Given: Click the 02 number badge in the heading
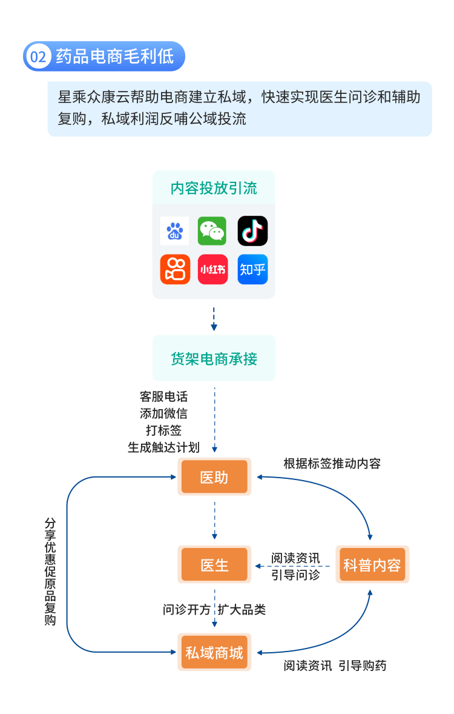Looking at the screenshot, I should (38, 57).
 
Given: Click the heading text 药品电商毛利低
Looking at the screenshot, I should (114, 57).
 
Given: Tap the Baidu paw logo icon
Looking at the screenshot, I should (174, 231).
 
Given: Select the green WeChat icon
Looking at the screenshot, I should (212, 231).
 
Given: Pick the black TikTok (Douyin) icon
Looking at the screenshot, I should (252, 231).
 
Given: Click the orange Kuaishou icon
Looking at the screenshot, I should (174, 269).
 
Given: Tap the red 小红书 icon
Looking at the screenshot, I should (212, 269).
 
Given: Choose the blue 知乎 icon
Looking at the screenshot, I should (252, 269).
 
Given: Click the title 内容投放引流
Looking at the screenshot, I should (214, 189).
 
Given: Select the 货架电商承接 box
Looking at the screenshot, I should (214, 359).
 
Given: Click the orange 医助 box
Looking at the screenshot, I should (214, 477).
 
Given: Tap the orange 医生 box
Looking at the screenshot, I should (214, 565).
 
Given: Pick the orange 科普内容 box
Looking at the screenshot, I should (372, 565).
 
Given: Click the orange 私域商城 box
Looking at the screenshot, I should (214, 652).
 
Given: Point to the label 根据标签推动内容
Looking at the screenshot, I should (332, 464).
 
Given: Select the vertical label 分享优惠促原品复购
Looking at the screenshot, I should (50, 572).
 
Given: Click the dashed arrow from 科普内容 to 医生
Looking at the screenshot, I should (293, 566).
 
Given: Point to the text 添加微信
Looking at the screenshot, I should (163, 414).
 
